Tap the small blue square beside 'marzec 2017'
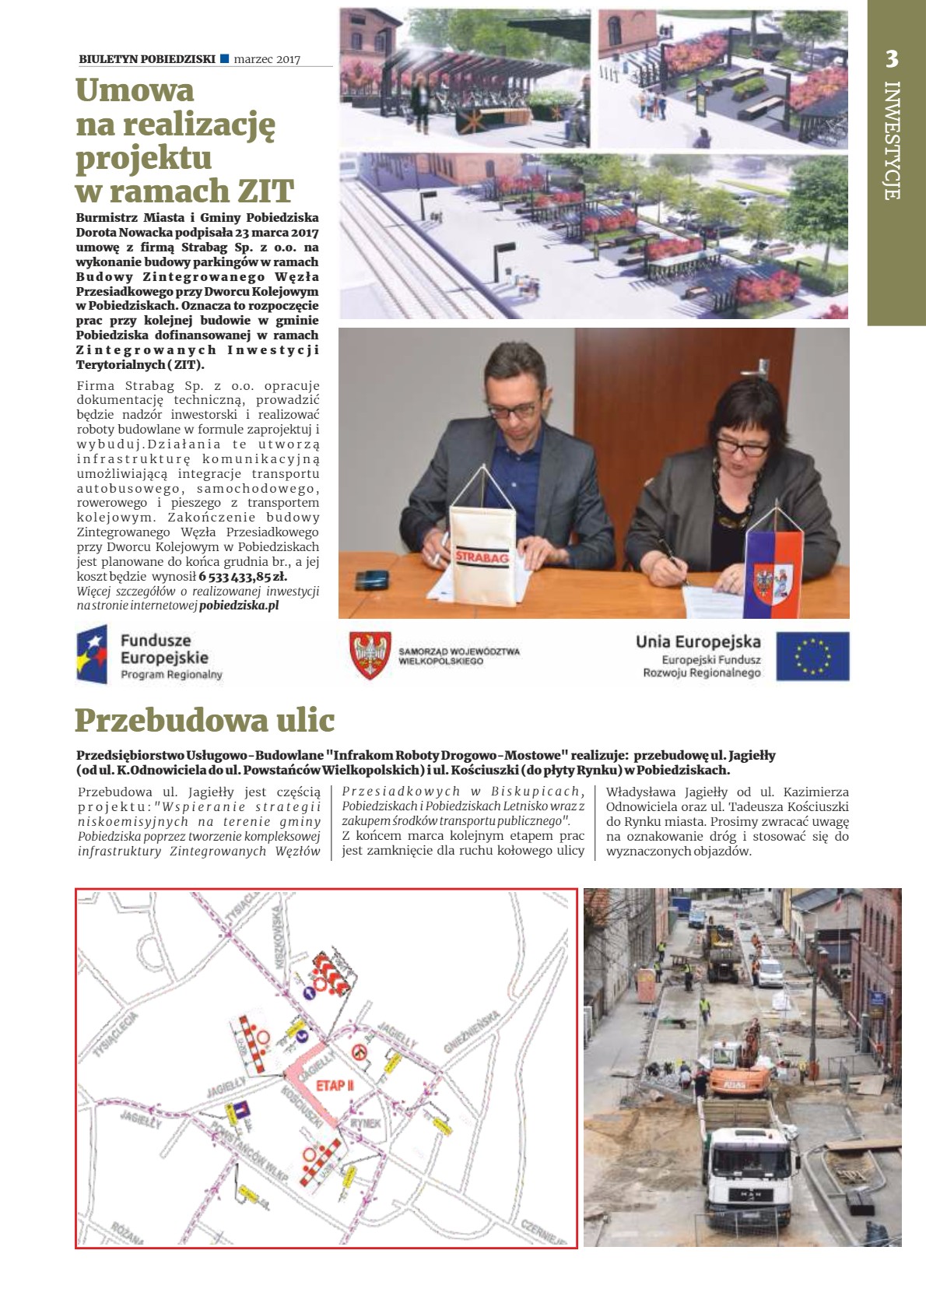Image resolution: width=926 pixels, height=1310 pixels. (x=225, y=58)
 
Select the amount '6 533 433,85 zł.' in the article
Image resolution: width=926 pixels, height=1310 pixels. (x=243, y=577)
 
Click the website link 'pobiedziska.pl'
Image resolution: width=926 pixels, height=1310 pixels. (x=239, y=605)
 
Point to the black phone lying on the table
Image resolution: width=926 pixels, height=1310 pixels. (x=371, y=580)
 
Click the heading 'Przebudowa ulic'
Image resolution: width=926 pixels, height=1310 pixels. (x=205, y=721)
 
